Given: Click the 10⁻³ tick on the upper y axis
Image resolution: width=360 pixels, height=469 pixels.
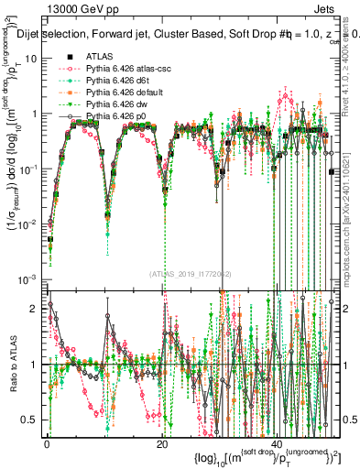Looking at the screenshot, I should click(30, 278).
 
